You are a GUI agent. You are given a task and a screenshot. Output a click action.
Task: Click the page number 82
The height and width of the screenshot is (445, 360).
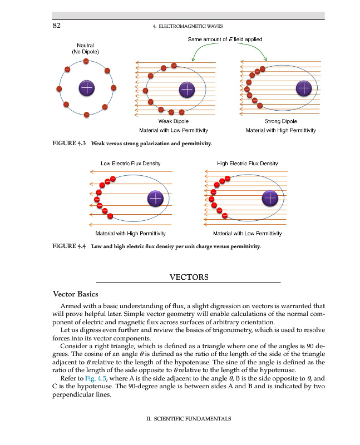click(56, 26)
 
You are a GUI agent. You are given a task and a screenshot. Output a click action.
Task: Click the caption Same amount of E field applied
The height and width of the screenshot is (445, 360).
click(225, 39)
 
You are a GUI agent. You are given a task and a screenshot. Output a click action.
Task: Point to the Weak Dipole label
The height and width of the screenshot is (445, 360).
click(173, 121)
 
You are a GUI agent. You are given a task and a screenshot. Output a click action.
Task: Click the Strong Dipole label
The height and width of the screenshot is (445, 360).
click(280, 121)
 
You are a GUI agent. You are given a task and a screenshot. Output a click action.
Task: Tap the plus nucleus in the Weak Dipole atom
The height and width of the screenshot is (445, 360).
click(187, 89)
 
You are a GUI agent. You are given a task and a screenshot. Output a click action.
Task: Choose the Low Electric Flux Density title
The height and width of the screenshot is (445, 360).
click(130, 164)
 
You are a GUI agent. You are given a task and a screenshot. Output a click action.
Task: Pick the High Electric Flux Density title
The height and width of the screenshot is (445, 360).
click(247, 164)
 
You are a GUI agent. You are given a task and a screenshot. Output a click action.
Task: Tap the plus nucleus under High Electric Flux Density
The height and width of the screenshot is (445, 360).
click(269, 198)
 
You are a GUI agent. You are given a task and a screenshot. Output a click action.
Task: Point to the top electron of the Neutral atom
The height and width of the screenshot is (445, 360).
click(86, 61)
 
